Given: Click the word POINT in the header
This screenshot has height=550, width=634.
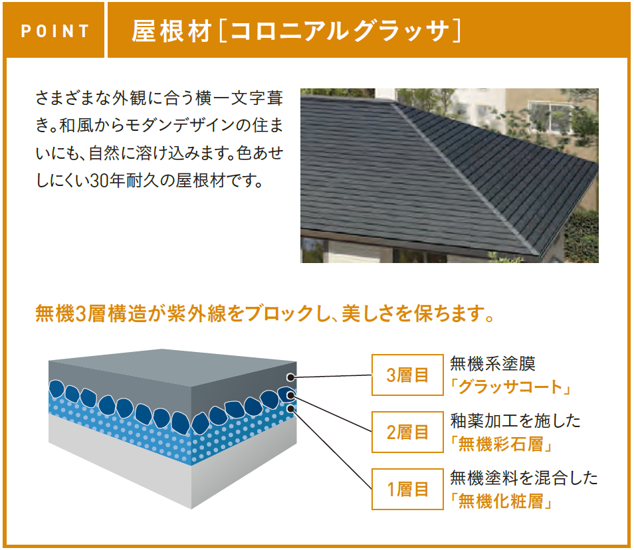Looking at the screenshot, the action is click(55, 31).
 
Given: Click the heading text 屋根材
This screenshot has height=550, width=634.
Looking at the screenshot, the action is click(172, 31).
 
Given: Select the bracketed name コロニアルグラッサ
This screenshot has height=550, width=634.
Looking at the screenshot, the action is click(340, 31).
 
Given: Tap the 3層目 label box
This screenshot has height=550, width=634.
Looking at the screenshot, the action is click(407, 375).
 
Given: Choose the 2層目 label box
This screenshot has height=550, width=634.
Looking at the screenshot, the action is click(407, 432).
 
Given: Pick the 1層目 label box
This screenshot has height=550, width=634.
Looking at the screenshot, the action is click(407, 490).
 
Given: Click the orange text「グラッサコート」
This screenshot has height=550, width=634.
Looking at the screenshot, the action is click(510, 387).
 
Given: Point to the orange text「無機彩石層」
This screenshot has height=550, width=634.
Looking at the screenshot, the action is click(501, 444).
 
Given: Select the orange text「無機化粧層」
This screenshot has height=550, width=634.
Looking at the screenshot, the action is click(501, 502).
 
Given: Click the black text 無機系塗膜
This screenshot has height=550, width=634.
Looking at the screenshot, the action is click(493, 364).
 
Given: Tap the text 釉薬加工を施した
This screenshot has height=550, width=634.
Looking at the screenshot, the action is click(516, 420).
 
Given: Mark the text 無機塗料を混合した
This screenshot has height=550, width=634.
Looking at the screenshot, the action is click(524, 478).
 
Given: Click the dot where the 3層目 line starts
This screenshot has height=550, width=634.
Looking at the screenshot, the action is click(290, 377).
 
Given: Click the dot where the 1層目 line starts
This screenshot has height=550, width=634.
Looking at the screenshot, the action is click(290, 409).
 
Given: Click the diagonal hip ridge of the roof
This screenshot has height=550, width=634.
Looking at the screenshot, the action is click(465, 178).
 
